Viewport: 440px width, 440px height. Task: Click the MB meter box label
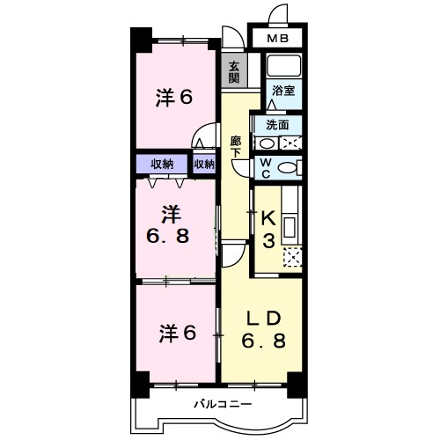[x=277, y=39]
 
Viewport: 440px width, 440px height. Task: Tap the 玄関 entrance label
[x=234, y=71]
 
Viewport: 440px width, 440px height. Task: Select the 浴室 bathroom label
[x=282, y=90]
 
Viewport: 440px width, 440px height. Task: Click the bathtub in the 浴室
[x=283, y=66]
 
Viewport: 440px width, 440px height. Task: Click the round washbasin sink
[x=264, y=143]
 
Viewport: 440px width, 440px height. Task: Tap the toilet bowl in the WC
[x=285, y=167]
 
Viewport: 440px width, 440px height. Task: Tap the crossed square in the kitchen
[x=292, y=257]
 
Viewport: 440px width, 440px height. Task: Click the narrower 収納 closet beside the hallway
[x=204, y=164]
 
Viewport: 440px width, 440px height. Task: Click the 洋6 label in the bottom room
[x=174, y=334]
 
